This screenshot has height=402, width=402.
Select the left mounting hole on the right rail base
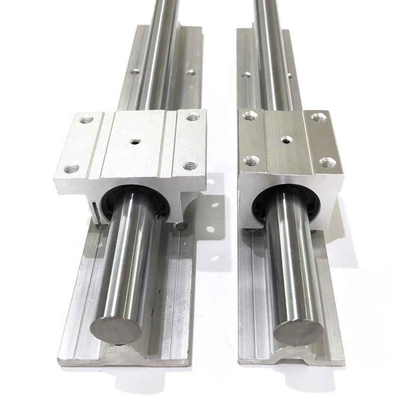point(247,75)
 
